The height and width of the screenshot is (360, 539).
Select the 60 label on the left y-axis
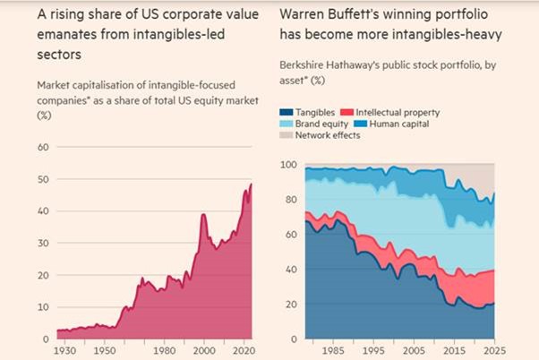(x=43, y=147)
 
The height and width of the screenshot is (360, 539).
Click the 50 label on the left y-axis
(x=43, y=179)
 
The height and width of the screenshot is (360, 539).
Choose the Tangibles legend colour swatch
(x=287, y=112)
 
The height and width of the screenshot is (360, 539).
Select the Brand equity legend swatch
(x=287, y=124)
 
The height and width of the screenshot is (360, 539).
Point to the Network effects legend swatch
(x=287, y=135)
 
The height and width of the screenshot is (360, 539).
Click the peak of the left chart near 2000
(x=203, y=215)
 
